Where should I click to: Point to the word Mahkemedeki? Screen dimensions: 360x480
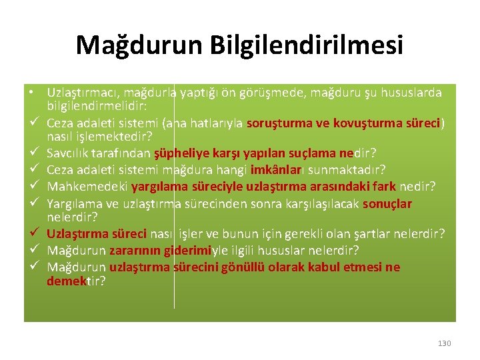pos(87,187)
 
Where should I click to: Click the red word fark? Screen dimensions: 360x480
pos(383,187)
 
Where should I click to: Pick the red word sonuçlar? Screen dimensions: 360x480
pos(387,204)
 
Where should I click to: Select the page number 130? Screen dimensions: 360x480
pos(445,343)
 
